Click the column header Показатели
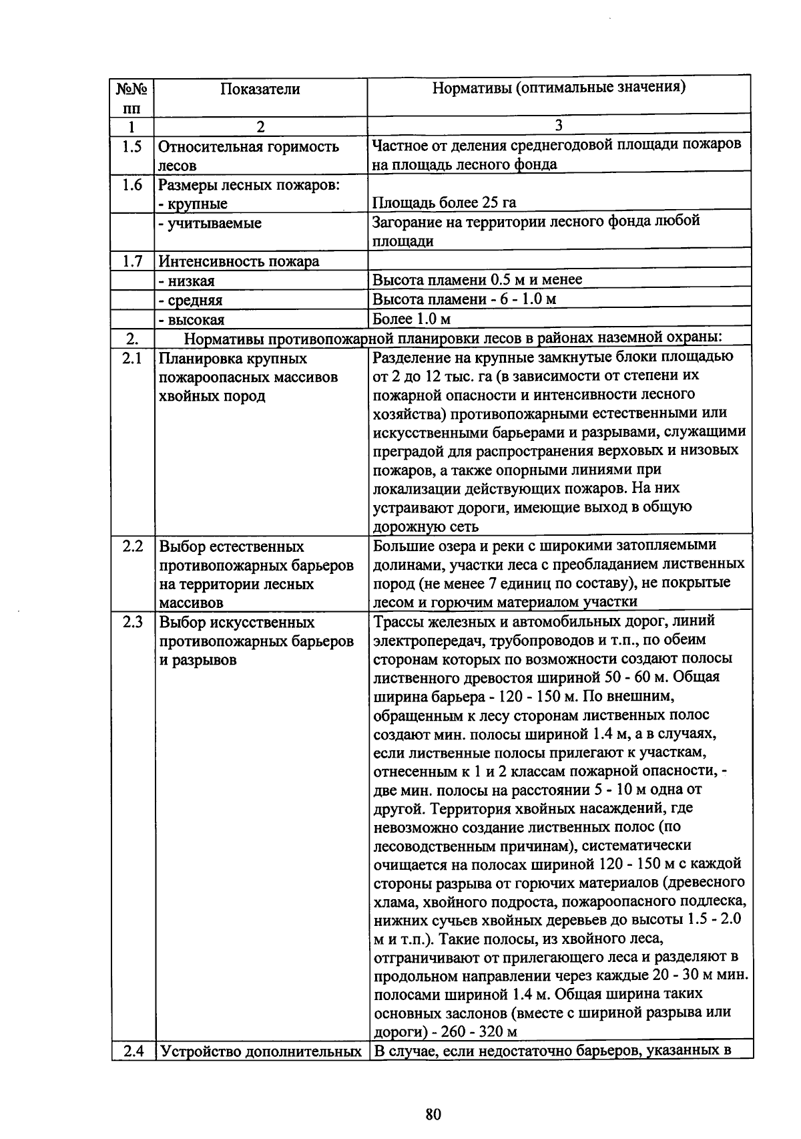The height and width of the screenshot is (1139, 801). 260,90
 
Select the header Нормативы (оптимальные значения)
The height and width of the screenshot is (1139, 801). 559,88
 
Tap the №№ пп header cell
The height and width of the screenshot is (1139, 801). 132,97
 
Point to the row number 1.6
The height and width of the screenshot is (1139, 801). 132,185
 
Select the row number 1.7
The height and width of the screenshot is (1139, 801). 132,261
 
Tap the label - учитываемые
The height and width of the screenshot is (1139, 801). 210,223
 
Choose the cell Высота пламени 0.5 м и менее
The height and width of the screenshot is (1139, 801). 477,280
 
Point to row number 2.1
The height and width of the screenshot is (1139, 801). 132,359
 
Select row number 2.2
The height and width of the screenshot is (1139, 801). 132,546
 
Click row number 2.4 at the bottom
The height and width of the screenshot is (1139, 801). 132,1051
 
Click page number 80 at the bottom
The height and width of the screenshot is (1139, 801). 433,1114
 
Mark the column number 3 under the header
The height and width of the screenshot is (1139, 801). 559,125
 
